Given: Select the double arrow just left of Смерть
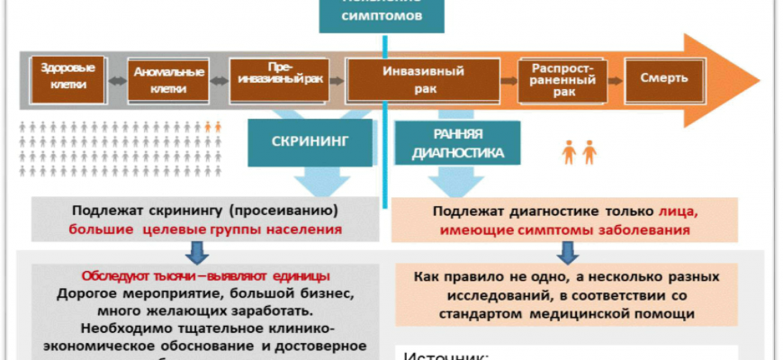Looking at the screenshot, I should point(613,78).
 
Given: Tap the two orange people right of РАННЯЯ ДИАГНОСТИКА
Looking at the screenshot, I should point(579,153).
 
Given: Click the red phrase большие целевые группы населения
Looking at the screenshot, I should point(207,229).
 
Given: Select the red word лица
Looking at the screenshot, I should point(676,211).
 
